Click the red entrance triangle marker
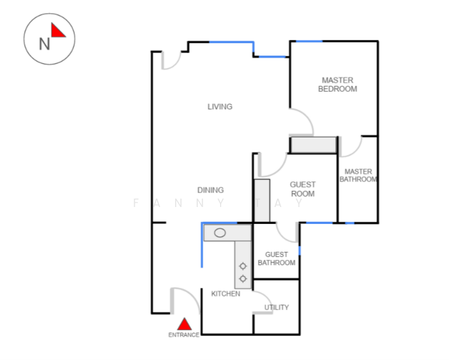pos(185,324)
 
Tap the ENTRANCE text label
pos(184,335)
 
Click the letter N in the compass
pos(44,44)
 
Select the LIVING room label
pos(220,107)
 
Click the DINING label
pos(210,190)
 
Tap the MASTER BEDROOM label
pos(337,85)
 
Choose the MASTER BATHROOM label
pos(358,175)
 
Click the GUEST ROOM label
pos(303,189)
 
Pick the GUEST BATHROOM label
pos(276,259)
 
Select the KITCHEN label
pos(225,293)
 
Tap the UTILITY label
pos(276,307)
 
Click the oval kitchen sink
pos(220,233)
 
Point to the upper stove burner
pos(243,266)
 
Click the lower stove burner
pos(243,278)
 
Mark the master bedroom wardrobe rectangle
pos(314,145)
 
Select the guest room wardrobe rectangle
pos(263,200)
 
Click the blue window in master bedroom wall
pos(309,41)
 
